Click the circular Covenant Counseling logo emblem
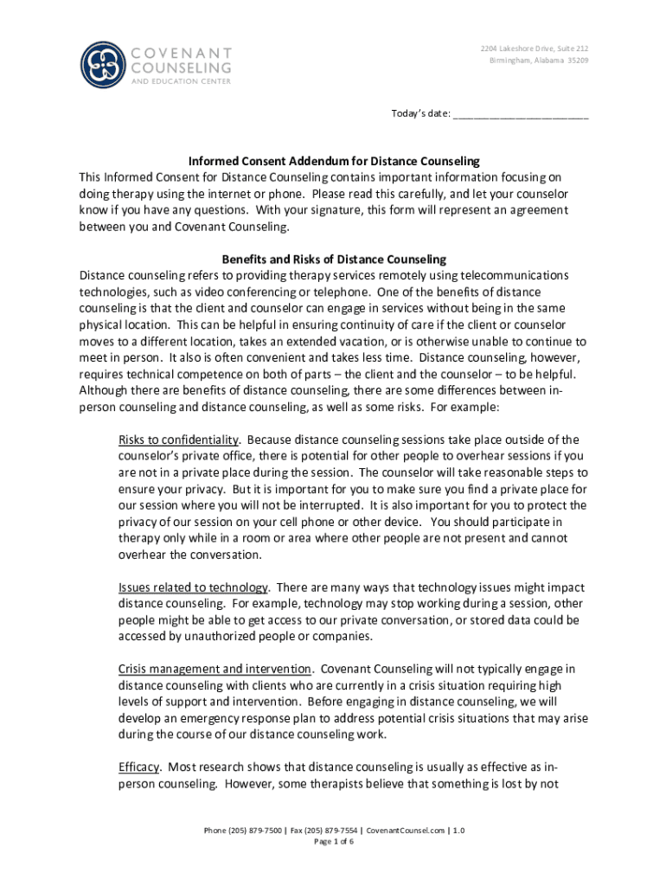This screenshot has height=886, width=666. pos(103,65)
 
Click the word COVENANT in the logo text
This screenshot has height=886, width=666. pos(181,52)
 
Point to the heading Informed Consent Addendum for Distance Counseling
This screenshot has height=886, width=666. pos(334,162)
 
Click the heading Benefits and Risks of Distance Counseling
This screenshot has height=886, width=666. pos(334,259)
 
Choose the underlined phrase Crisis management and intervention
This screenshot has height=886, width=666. pos(215,669)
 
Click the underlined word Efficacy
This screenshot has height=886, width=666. pos(138,767)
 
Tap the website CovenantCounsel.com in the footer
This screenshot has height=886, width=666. pos(407,830)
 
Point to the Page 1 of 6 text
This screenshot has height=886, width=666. pos(334,842)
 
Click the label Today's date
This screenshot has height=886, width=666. pos(420,114)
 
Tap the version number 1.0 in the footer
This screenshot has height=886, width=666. pos(458,830)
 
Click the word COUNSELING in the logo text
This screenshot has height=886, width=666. pos(181,67)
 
